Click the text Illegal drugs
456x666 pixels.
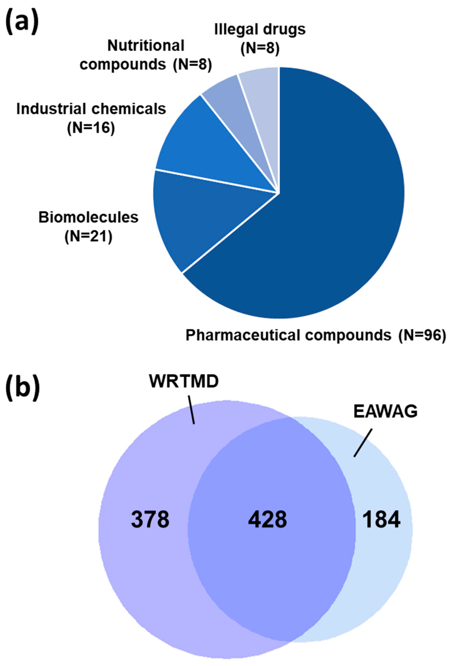coord(260,30)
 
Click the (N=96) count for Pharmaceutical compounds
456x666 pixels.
coord(422,336)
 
